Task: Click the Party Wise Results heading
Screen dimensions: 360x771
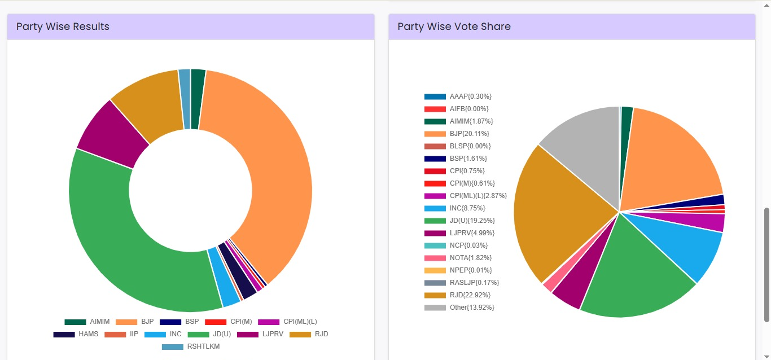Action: tap(63, 27)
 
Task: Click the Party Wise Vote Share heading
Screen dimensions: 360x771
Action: tap(454, 27)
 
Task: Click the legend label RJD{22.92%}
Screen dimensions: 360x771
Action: tap(470, 295)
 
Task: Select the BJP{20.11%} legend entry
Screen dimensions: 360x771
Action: tap(469, 134)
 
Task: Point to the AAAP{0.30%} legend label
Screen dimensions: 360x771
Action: tap(470, 96)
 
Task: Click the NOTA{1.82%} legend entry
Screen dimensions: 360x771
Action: tap(471, 258)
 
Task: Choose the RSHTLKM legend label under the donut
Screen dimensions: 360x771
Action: tap(203, 346)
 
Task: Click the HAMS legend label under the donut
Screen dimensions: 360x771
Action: tap(88, 334)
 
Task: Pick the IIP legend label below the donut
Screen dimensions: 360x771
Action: tap(134, 334)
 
